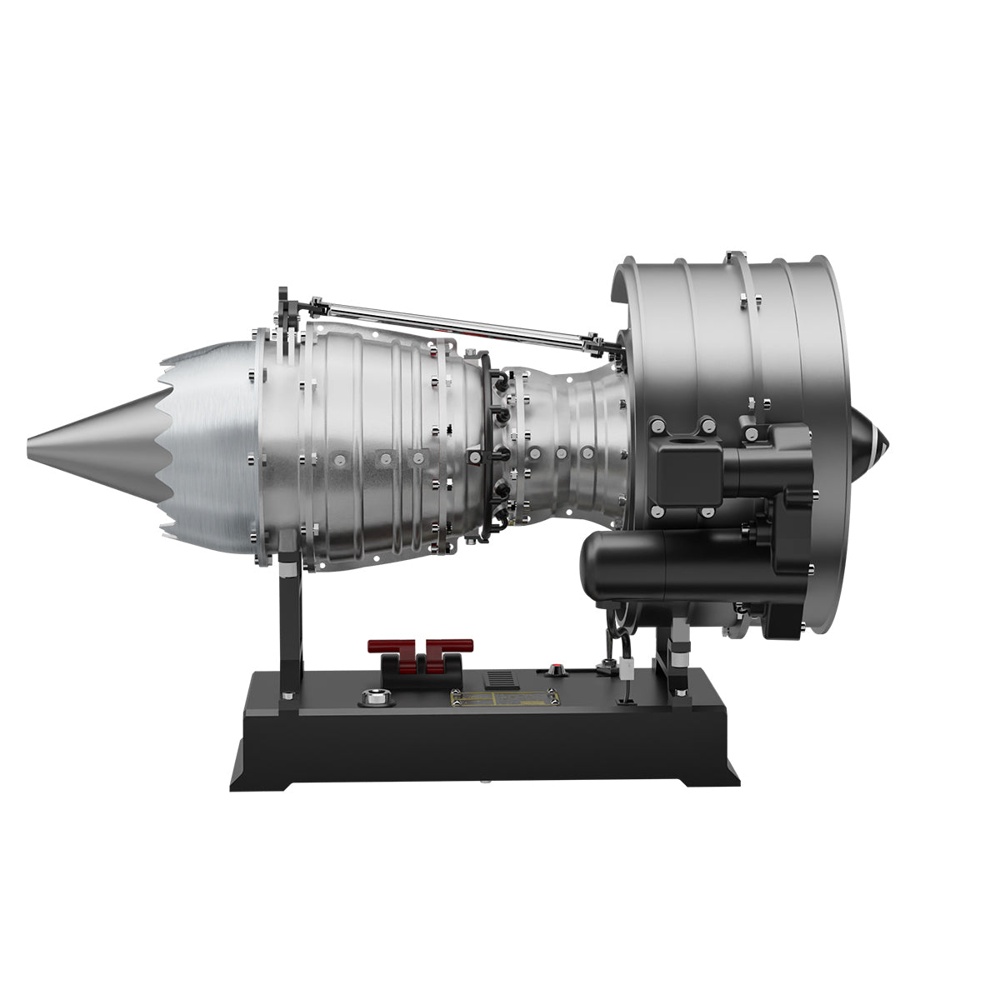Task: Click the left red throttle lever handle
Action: pos(391,647)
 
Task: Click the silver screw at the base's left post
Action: pos(287,694)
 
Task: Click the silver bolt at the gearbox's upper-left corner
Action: pos(658,425)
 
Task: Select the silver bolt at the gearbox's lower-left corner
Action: pos(658,510)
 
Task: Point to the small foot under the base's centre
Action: pos(484,783)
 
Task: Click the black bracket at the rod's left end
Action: pos(287,310)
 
